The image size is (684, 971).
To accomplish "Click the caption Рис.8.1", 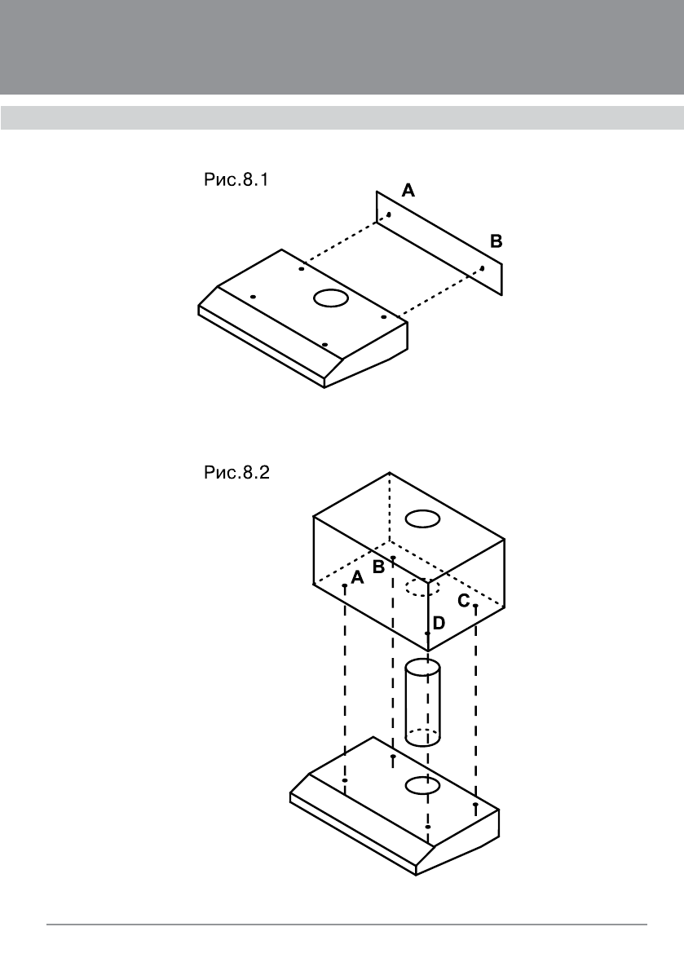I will pos(235,180).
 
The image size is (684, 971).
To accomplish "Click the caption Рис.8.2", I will pos(235,474).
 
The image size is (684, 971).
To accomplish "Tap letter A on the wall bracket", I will pos(408,191).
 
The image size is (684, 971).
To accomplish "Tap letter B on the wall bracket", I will pos(496,241).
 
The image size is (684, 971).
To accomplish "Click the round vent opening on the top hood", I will pos(330,298).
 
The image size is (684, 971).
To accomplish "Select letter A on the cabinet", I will pos(356,578).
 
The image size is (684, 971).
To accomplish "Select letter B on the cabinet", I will pos(378,567).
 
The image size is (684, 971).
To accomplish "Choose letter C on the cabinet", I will pos(463,602).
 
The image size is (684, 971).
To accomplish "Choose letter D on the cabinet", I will pos(439,623).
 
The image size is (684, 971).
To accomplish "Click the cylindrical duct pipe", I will pos(422,703).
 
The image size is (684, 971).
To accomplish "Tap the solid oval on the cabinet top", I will pos(423,518).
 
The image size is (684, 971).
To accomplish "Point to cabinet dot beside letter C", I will pos(475,607).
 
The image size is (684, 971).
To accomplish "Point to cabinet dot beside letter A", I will pos(346,585).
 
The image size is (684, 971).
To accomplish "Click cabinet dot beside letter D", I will pos(427,633).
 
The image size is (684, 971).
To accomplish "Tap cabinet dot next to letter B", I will pos(393,558).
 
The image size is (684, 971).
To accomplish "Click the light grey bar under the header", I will pos(342,117).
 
